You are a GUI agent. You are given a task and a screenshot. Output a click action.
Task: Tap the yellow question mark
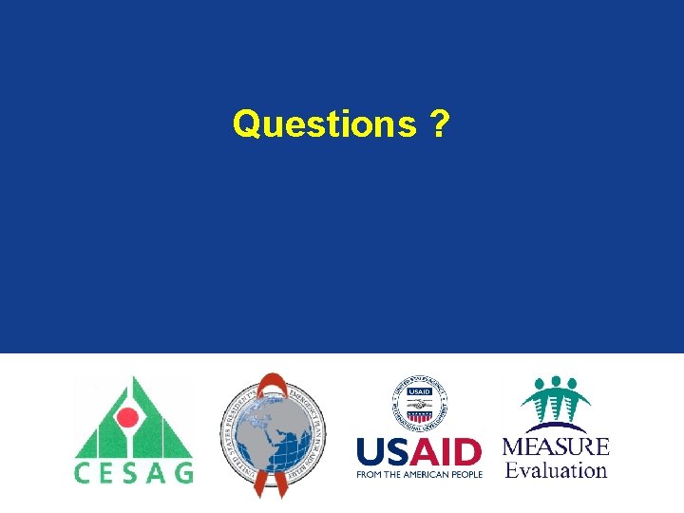coord(440,123)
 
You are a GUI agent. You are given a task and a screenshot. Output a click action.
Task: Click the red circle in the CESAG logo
coord(127,419)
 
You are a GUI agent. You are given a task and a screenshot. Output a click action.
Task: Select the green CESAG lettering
coord(134,471)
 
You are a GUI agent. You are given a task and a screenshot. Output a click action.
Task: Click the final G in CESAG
coord(184,471)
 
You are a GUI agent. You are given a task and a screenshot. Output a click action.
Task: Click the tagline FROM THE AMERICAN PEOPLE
coord(419,474)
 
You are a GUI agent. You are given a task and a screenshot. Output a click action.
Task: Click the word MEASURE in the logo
coord(556,446)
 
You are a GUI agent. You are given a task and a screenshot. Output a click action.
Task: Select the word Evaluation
coord(556,469)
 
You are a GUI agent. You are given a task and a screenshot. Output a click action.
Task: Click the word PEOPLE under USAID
coord(466,474)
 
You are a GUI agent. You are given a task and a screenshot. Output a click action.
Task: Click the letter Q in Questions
coord(245,123)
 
